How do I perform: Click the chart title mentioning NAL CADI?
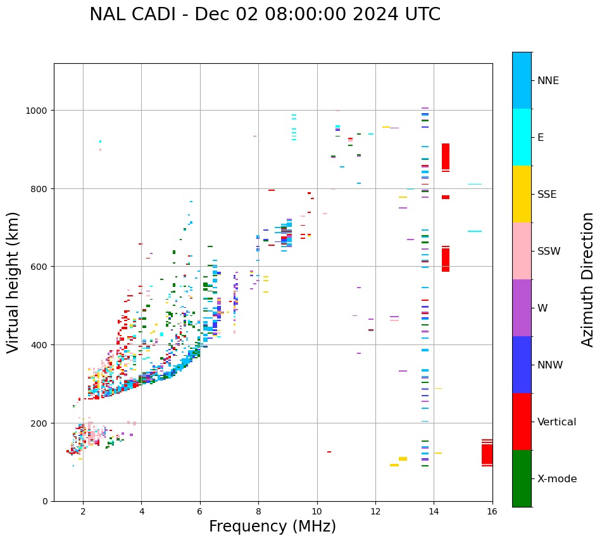click(265, 15)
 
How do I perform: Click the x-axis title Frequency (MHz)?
click(272, 526)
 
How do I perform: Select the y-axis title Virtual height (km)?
click(13, 282)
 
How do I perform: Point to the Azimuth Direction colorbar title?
click(588, 279)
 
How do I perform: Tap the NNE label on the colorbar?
click(548, 80)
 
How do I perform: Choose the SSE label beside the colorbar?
click(547, 194)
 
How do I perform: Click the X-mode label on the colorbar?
click(557, 478)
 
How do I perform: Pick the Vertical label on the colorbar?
click(556, 422)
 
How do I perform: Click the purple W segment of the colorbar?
click(522, 308)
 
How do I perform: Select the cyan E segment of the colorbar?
click(522, 137)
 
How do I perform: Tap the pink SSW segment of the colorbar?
click(522, 251)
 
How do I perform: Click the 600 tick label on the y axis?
click(40, 267)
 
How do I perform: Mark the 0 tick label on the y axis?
click(46, 501)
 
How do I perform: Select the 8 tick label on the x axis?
click(258, 511)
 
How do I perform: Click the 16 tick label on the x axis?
click(492, 511)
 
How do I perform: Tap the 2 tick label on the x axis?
click(83, 511)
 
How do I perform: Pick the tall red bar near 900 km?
click(446, 156)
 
